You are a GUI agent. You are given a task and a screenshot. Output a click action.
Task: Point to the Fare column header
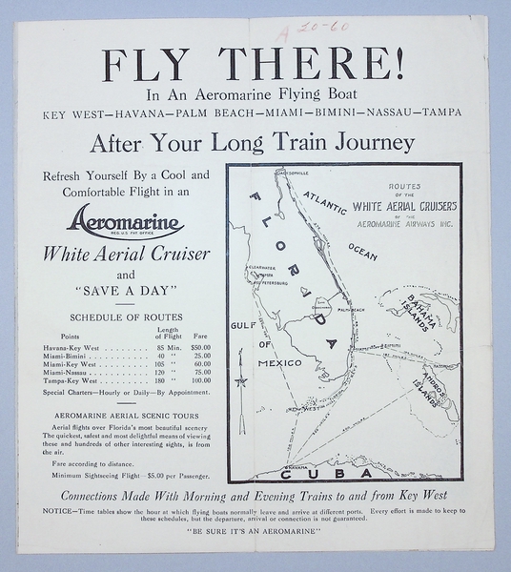201,336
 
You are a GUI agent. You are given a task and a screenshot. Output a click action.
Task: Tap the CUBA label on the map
322,472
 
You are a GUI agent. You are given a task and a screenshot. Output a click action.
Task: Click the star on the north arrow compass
241,383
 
